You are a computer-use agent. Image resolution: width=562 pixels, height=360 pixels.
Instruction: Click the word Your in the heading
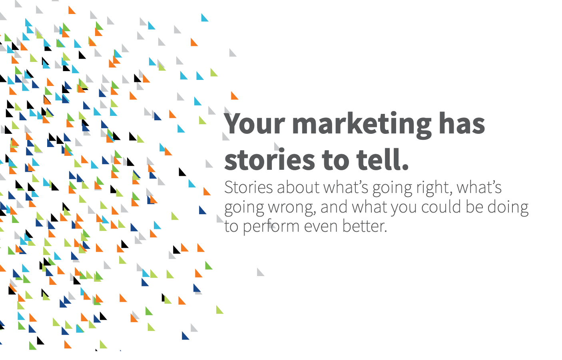[254, 124]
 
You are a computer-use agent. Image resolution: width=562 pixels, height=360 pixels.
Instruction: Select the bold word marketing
[362, 125]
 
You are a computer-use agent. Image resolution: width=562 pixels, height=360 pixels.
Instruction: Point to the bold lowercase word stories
[269, 159]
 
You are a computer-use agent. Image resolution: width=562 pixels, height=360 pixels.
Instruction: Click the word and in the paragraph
[334, 207]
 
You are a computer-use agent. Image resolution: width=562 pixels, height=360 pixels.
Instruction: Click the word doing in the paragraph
[508, 208]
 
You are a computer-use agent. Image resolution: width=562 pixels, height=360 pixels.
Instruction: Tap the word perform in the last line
[271, 227]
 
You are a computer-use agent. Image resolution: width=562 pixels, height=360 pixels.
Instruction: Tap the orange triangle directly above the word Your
[234, 96]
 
